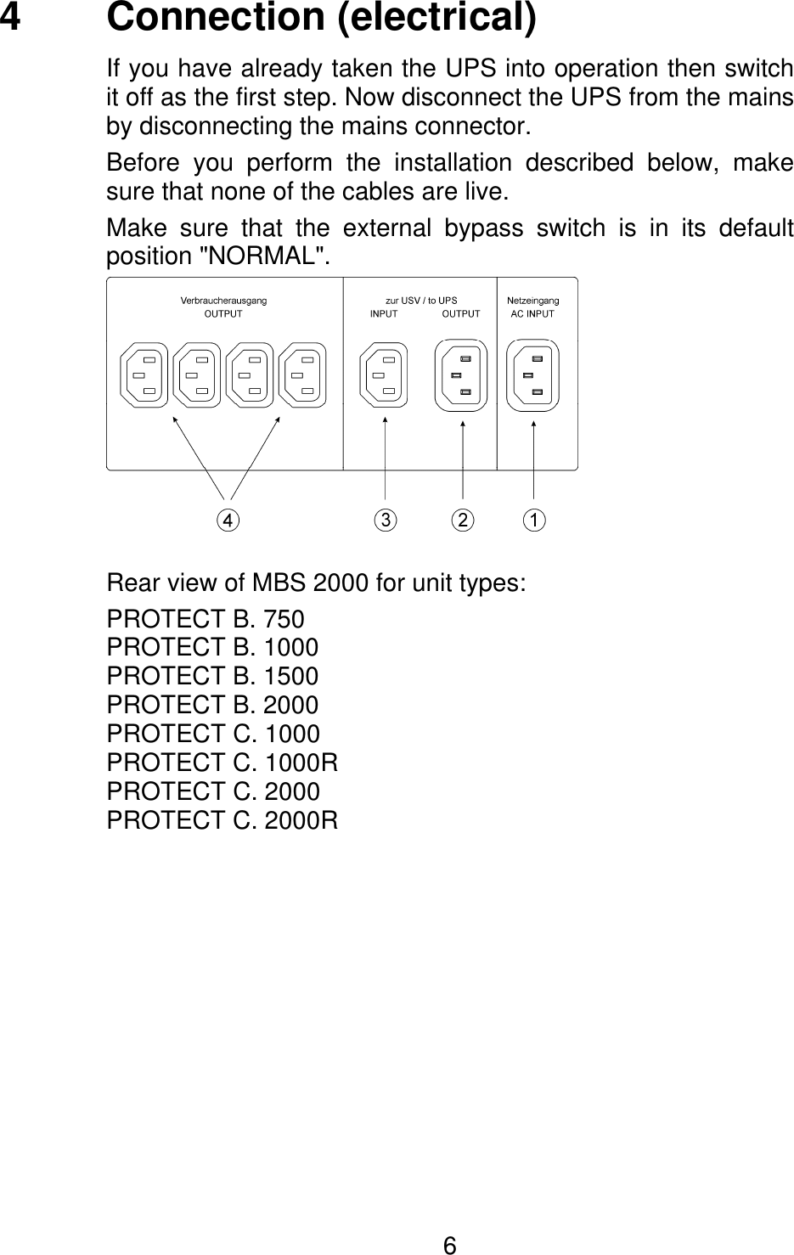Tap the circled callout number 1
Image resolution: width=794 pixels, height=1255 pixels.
[533, 520]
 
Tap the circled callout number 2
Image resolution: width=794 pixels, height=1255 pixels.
[462, 520]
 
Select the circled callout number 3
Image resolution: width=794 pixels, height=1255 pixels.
[386, 520]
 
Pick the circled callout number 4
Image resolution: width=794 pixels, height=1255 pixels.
[227, 520]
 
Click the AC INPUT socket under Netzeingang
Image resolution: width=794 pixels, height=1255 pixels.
[533, 374]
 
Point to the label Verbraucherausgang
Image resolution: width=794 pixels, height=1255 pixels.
[223, 301]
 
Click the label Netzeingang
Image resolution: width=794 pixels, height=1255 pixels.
[532, 301]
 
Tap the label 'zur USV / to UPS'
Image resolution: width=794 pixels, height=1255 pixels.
[421, 301]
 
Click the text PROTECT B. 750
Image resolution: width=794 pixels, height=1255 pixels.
[205, 620]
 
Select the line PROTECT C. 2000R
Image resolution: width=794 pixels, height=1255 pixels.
[222, 820]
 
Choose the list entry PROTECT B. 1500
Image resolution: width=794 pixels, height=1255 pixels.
[212, 677]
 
